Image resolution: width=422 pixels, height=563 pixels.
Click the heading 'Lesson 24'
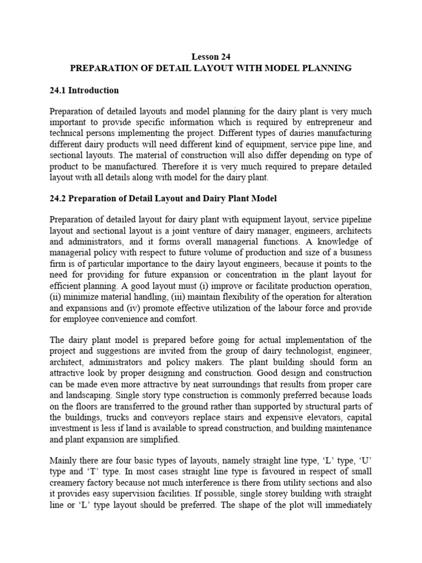211,56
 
